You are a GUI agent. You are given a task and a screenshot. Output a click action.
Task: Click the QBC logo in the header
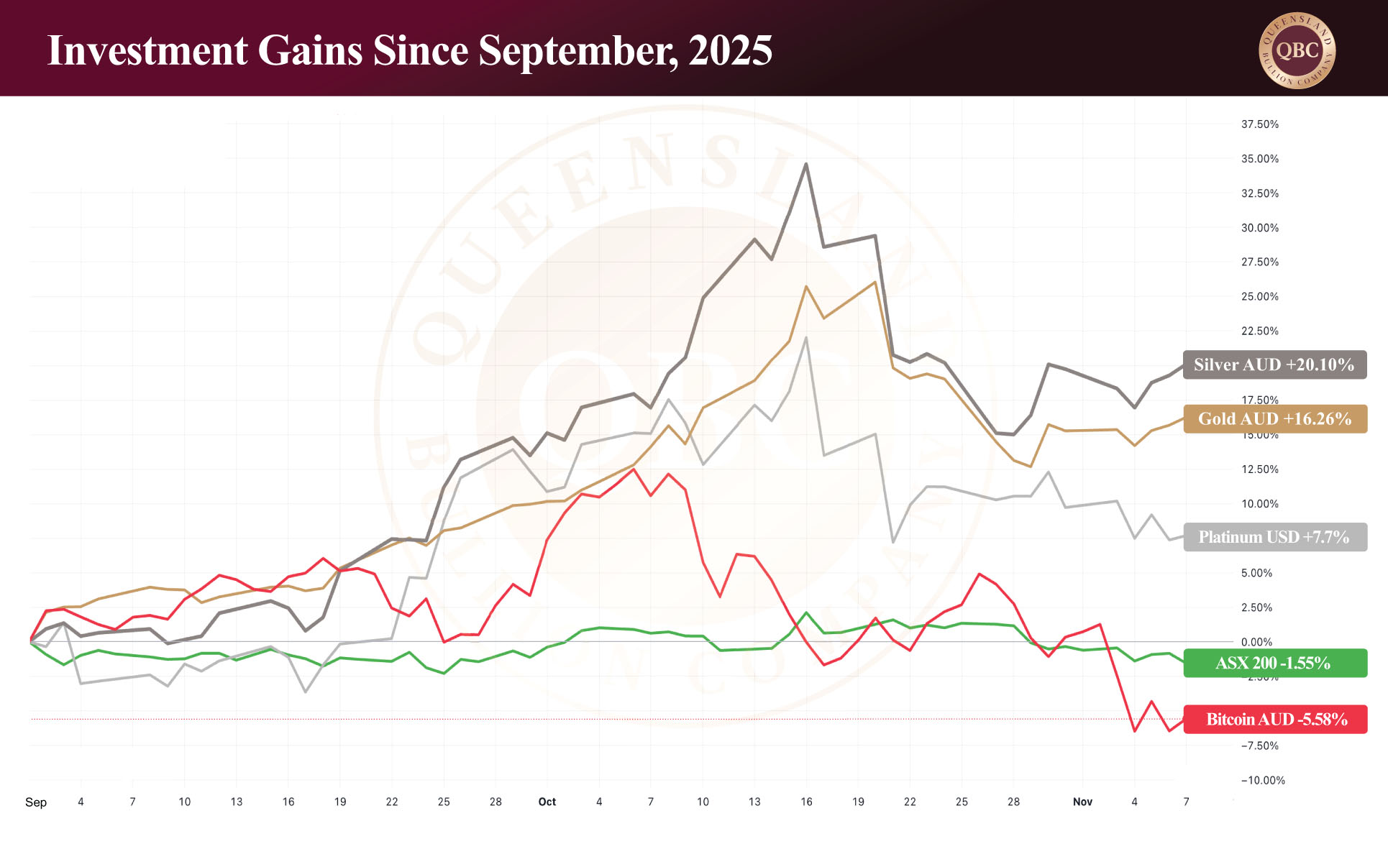coord(1297,50)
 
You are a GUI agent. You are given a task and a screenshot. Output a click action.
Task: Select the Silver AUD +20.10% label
coord(1274,364)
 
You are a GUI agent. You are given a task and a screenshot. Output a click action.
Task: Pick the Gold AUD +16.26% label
coord(1274,418)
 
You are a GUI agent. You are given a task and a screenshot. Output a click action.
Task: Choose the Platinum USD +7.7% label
coord(1274,537)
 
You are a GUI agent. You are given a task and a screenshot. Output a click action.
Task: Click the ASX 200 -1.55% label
coord(1274,663)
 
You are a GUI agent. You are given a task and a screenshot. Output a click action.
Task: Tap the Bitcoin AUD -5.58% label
coord(1274,719)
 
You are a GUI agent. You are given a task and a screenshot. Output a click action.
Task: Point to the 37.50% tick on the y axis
coord(1260,124)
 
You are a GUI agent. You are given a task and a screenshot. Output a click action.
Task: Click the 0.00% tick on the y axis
coord(1256,642)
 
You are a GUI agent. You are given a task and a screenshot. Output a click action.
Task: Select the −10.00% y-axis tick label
coord(1263,780)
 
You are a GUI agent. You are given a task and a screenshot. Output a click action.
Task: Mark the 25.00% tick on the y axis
coord(1260,296)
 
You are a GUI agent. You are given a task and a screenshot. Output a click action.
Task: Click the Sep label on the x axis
coord(36,802)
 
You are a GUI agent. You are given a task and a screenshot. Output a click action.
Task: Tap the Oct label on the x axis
coord(547,802)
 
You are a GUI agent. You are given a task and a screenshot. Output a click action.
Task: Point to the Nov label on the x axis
coord(1082,802)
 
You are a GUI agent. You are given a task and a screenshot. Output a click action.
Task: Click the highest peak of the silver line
coord(806,164)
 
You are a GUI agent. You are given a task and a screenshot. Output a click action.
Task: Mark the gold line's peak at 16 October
coord(806,286)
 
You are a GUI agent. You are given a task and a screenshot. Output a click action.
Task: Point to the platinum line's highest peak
coord(806,337)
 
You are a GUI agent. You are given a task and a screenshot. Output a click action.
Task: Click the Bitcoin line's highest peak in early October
coord(634,469)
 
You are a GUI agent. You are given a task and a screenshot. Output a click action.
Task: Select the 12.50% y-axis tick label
coord(1260,469)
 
